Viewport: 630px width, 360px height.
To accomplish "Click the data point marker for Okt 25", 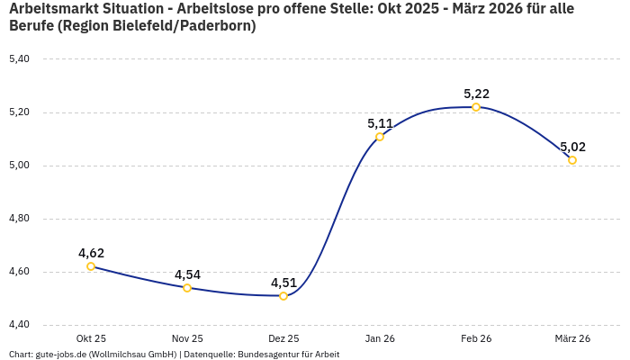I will pos(91,266).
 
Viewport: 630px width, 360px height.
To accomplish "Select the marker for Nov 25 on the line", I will pos(187,288).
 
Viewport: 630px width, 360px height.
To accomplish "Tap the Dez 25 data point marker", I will pos(283,296).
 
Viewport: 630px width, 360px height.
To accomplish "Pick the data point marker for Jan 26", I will pos(380,137).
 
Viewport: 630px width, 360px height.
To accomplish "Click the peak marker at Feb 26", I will pos(476,107).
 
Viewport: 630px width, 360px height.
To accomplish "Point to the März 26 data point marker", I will pos(572,160).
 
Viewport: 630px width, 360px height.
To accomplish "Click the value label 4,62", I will pos(91,253).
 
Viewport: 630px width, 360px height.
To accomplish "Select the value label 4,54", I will pos(187,274).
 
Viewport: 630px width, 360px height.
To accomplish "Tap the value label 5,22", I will pos(476,94).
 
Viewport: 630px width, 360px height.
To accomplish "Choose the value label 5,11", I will pos(380,123).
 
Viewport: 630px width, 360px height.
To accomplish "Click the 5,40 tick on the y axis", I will pos(19,59).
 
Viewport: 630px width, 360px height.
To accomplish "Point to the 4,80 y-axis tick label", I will pos(19,219).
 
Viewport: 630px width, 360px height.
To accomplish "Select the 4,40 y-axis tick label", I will pos(19,325).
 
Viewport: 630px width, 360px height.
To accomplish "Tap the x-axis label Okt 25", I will pos(91,338).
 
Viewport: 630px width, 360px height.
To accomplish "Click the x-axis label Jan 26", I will pos(380,338).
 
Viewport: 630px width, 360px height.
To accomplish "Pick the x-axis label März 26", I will pos(572,338).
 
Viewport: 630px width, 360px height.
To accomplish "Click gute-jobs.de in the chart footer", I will pos(61,355).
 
